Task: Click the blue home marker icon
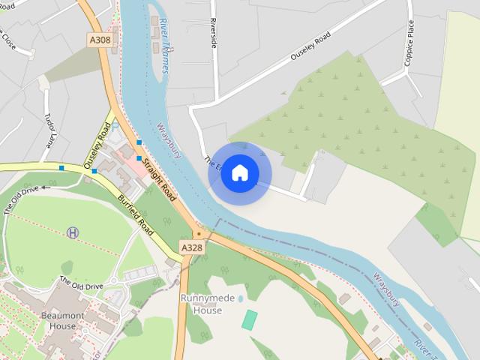pos(239,173)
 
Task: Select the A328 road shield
pos(191,247)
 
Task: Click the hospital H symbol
pos(73,233)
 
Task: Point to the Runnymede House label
pos(202,303)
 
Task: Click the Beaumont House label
pos(58,320)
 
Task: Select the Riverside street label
pos(214,34)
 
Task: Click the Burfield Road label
pos(136,216)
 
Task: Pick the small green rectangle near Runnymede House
pos(249,319)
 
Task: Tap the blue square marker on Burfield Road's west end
pos(61,168)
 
